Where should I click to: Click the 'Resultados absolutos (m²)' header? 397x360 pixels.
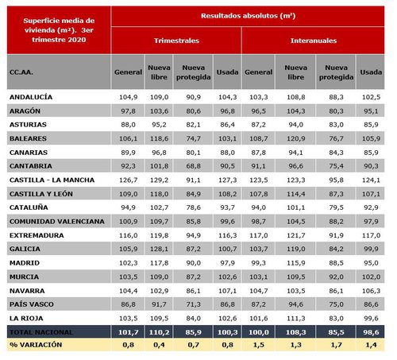(x=249, y=15)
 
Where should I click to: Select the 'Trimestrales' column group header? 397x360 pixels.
(x=177, y=39)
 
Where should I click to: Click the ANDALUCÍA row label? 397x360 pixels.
(x=31, y=96)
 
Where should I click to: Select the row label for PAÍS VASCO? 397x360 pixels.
(x=31, y=303)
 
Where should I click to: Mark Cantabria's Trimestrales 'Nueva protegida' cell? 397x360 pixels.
(x=194, y=165)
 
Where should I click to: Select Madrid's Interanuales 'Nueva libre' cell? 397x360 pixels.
(x=295, y=261)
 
